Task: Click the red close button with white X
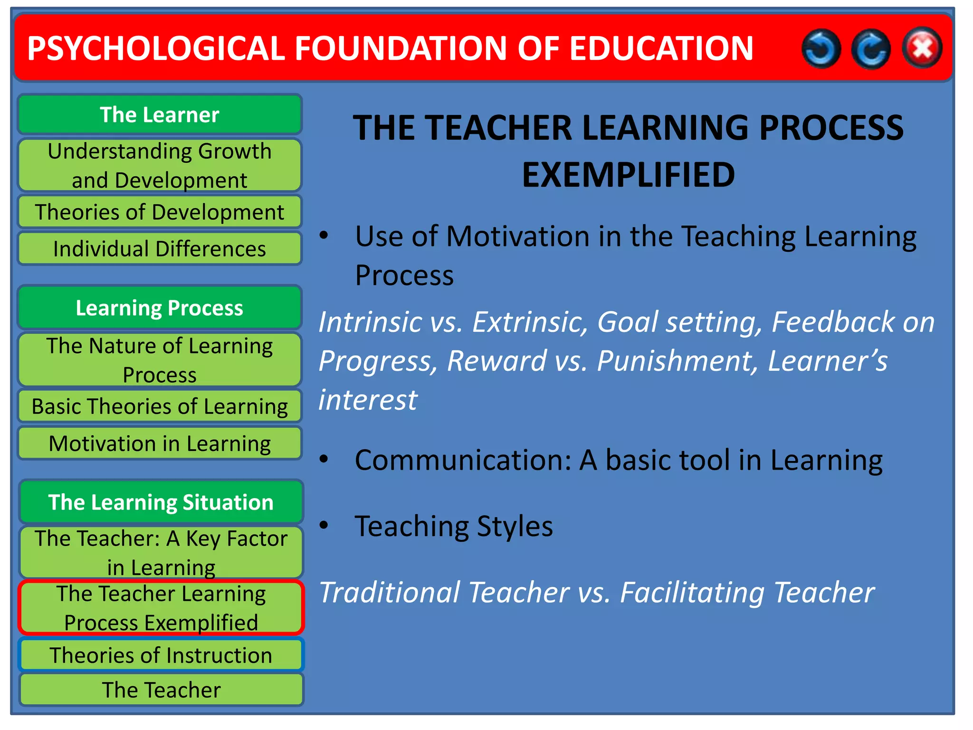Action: pos(922,48)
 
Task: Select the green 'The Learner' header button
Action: pos(160,115)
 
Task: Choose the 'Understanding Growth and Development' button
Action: pos(160,165)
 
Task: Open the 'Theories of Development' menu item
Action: pos(160,212)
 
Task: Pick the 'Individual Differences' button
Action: pos(160,249)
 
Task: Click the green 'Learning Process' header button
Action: pos(160,307)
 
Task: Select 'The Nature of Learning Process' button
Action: pos(160,360)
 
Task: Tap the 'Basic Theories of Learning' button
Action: pos(160,406)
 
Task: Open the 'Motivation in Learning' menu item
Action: pos(160,443)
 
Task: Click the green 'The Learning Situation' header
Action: pos(161,502)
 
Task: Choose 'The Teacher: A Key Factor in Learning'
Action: pos(161,552)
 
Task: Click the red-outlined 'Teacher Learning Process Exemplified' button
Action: pos(161,607)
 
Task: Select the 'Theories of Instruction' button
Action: pos(161,655)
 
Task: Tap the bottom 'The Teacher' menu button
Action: pos(161,690)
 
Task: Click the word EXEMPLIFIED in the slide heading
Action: pos(628,174)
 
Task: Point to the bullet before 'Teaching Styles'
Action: pos(324,525)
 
